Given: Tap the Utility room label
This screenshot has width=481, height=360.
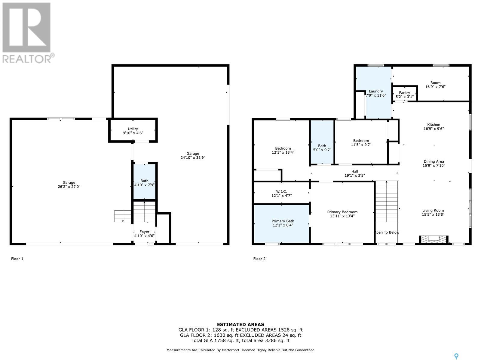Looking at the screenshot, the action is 133,129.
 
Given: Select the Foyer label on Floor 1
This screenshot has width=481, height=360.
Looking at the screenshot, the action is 144,232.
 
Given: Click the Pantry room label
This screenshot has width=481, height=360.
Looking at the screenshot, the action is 404,93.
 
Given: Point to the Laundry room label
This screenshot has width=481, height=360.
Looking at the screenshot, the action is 376,91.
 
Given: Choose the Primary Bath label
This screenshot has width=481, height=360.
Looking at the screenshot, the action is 283,221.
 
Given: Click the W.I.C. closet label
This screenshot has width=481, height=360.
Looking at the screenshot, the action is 281,191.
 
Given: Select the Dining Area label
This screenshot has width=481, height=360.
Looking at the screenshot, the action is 434,161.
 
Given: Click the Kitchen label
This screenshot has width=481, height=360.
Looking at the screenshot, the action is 434,124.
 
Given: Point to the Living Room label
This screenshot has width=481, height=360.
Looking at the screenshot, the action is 433,211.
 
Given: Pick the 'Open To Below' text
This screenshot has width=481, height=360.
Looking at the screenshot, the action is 386,232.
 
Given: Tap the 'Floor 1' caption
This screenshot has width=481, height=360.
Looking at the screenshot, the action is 17,259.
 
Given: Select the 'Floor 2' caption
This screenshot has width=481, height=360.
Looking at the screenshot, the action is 259,259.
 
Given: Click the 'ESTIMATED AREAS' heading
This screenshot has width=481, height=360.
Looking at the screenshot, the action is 240,325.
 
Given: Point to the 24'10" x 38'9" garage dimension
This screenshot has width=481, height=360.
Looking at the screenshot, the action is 193,157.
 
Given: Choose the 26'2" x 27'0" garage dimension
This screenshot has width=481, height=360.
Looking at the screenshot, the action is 69,187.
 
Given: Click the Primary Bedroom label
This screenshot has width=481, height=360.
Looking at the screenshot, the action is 342,212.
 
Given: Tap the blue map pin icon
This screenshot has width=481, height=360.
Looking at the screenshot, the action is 456,356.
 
